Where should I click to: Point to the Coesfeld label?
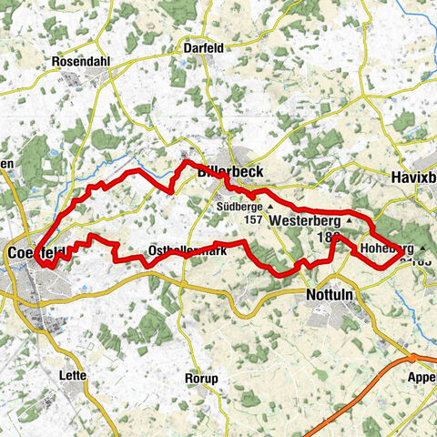27,251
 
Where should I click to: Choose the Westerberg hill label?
305,220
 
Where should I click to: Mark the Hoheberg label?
387,248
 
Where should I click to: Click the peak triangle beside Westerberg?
349,220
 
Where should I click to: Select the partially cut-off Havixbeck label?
413,177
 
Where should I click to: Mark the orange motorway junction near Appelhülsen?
413,359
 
